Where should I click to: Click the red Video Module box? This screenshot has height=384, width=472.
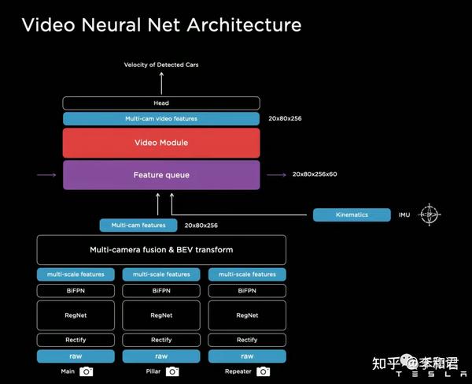coord(161,143)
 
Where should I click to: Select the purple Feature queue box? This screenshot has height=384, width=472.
coord(161,174)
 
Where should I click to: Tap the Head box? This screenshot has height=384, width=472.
coord(161,103)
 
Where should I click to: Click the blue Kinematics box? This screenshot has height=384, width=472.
coord(352,214)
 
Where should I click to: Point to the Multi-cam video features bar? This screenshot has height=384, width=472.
coord(161,118)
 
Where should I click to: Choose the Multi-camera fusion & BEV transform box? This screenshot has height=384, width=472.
coord(161,250)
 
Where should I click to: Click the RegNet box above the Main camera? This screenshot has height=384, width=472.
coord(76,315)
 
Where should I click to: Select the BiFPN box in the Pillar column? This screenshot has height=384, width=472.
coord(161,290)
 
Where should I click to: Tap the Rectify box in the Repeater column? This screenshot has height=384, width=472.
coord(247,340)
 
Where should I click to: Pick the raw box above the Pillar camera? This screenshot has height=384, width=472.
coord(161,356)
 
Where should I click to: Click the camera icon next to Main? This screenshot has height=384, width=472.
coord(87,371)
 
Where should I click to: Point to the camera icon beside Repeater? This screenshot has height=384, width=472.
coord(264,371)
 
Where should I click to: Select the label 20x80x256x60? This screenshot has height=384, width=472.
coord(315,174)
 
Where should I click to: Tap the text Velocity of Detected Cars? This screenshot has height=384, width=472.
coord(161,65)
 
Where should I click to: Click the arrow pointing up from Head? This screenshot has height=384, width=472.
coord(161,83)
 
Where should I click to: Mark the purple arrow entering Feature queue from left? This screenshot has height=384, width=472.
coord(45,174)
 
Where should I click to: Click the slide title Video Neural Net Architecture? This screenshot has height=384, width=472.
coord(161,24)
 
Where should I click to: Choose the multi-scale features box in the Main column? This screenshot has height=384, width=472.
coord(76,274)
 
